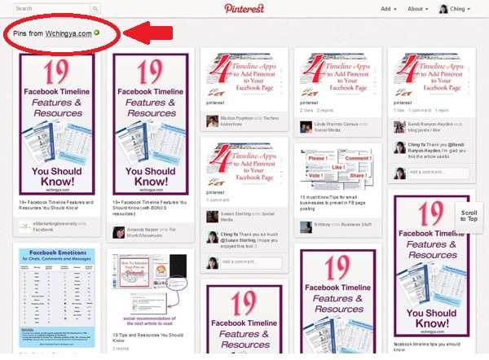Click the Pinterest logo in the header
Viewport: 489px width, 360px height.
click(244, 8)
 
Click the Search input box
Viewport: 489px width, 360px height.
click(51, 8)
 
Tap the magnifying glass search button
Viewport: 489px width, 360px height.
click(95, 8)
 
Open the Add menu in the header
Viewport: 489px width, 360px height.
click(389, 9)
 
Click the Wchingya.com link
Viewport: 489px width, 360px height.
click(68, 33)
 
